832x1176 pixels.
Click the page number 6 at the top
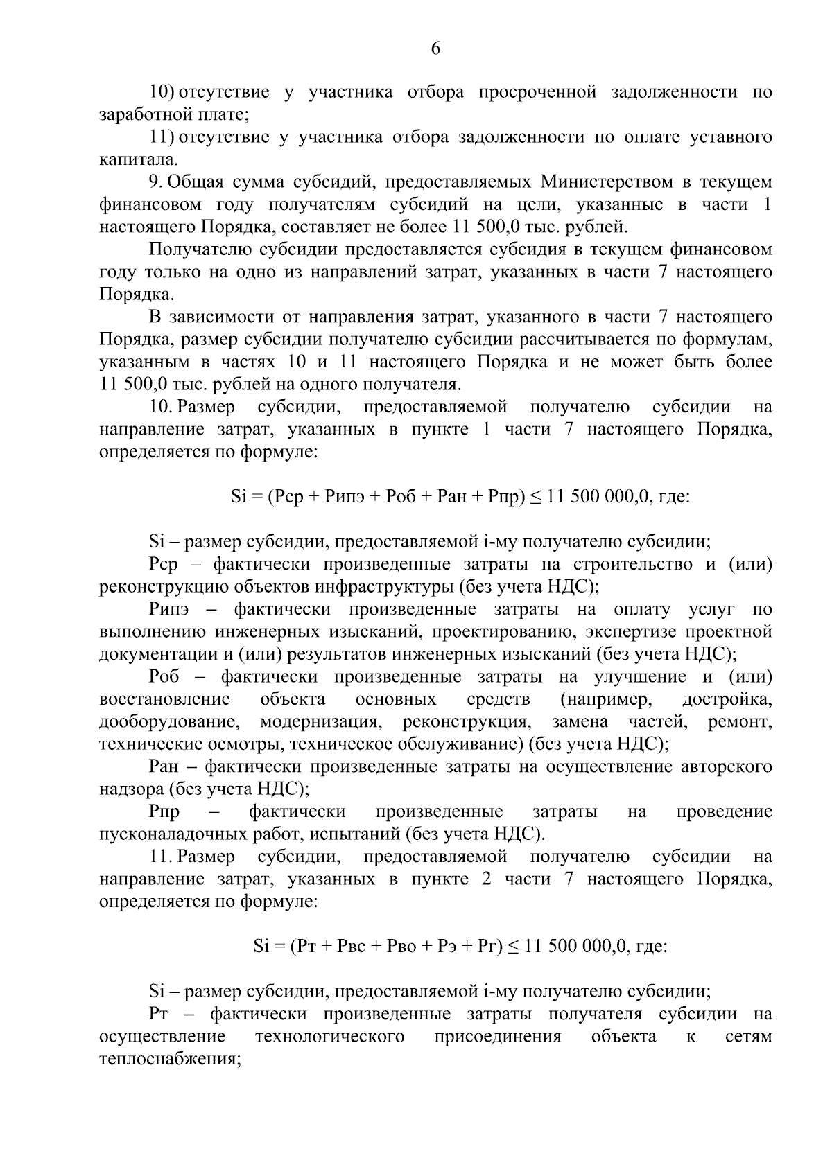(435, 48)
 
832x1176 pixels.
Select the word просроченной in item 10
(537, 92)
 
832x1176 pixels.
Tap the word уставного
(731, 137)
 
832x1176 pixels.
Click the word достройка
(727, 699)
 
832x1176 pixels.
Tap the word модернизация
(321, 722)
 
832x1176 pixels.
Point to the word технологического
(330, 1037)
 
